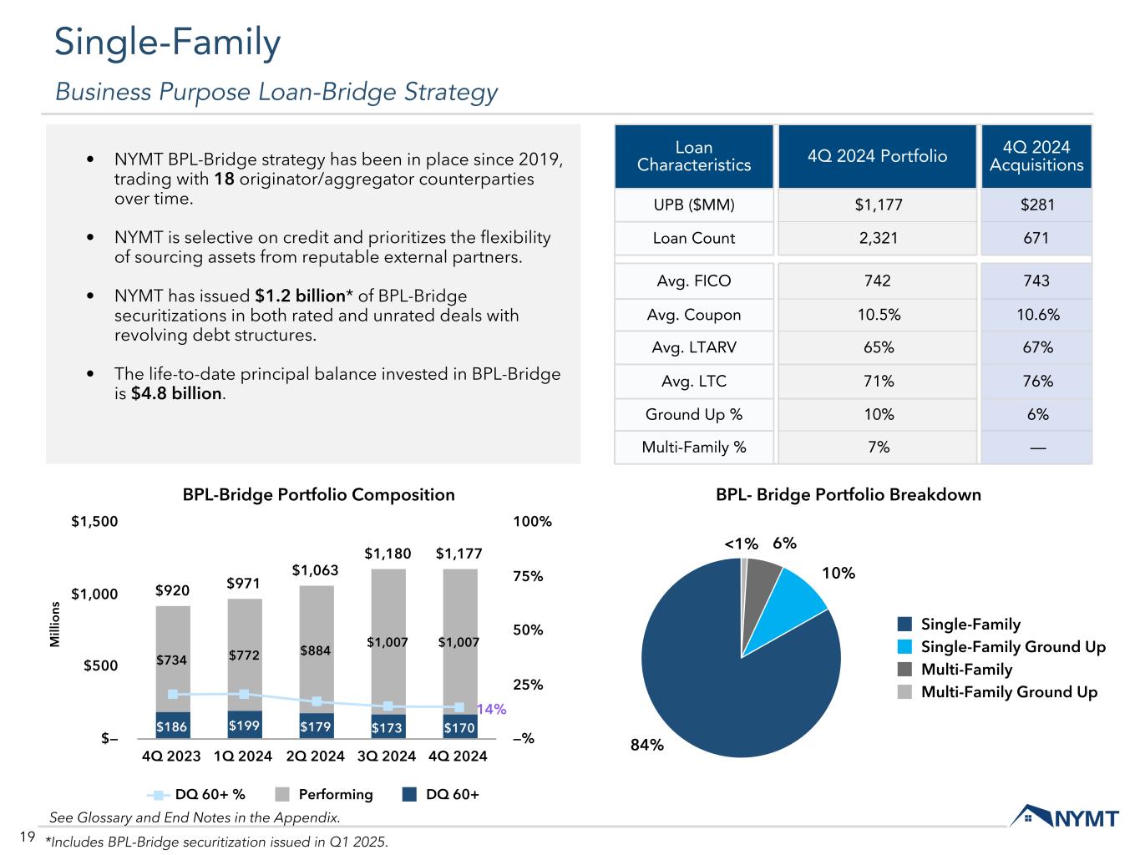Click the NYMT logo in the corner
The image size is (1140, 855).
click(1064, 816)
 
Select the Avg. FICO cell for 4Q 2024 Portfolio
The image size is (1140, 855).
click(877, 281)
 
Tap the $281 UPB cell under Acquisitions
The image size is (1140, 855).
click(1036, 205)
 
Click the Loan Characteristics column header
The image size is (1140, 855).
click(693, 156)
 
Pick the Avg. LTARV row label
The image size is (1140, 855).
click(693, 347)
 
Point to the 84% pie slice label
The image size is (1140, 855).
click(646, 745)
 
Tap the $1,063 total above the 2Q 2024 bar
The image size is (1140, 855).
click(316, 570)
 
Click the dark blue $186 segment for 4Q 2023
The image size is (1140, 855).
click(172, 727)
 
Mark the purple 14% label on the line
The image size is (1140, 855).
click(491, 709)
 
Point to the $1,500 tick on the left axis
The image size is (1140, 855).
click(94, 522)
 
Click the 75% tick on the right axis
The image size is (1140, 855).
click(528, 576)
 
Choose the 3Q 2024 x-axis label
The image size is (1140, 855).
click(387, 756)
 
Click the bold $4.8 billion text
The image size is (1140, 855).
click(177, 393)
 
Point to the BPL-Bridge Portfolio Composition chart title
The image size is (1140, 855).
click(318, 494)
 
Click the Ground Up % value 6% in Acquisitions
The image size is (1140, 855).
click(1036, 414)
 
